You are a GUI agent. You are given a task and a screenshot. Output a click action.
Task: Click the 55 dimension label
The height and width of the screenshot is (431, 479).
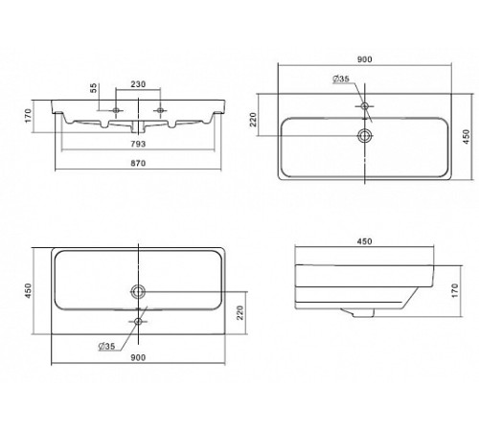point(93,88)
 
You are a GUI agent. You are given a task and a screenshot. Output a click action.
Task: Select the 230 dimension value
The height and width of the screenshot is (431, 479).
point(138,84)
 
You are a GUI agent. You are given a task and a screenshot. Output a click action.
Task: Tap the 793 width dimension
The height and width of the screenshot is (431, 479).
point(138,144)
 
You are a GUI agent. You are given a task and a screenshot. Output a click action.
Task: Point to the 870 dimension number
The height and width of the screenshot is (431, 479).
point(138,163)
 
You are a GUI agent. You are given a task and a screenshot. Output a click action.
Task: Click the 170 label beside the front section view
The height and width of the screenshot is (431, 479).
point(29,116)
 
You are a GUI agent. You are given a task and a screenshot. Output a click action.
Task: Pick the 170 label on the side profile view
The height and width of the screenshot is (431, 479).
point(455,291)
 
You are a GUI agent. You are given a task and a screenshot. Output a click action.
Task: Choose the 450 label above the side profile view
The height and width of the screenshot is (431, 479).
point(364,241)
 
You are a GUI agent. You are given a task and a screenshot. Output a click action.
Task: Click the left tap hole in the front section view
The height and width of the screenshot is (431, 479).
point(116,110)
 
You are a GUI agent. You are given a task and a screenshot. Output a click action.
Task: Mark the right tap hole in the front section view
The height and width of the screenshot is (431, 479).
point(160,110)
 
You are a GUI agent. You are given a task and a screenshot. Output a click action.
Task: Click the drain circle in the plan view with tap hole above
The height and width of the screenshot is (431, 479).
point(365,136)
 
